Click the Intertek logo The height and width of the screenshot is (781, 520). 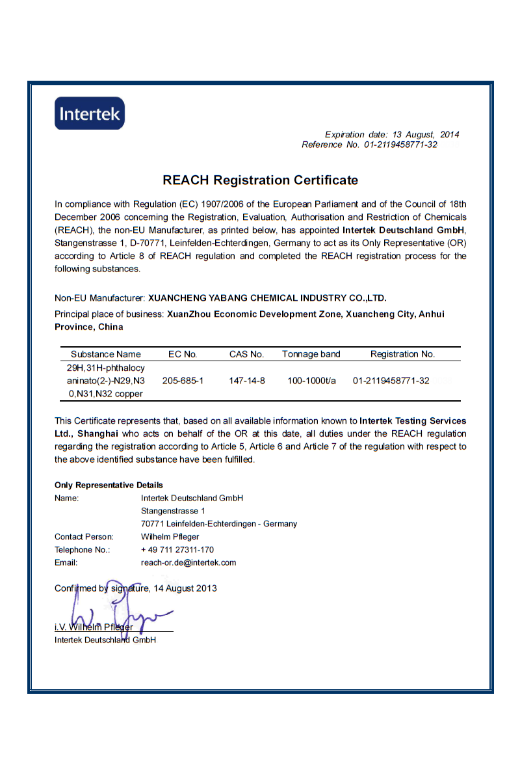click(x=89, y=113)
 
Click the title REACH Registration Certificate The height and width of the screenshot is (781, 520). click(x=260, y=180)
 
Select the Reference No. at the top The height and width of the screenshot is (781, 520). click(x=369, y=144)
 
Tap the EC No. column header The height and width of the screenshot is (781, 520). click(x=183, y=355)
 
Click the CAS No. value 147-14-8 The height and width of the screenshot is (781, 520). click(x=247, y=381)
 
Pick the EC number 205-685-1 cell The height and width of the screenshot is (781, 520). click(x=183, y=381)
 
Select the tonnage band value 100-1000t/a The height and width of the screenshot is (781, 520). click(x=311, y=381)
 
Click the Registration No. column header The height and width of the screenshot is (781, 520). click(x=402, y=355)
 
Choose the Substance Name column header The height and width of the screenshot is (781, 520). click(x=106, y=355)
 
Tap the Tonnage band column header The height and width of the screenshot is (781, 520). click(x=311, y=355)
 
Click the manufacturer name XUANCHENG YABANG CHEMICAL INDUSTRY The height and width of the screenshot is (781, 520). click(x=267, y=298)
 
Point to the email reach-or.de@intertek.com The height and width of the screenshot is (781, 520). click(x=188, y=562)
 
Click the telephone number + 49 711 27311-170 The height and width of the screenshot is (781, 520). click(x=177, y=550)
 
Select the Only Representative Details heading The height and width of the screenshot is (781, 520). click(x=109, y=485)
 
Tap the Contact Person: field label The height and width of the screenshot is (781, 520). click(x=84, y=537)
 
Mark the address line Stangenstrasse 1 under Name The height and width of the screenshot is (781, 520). click(x=173, y=511)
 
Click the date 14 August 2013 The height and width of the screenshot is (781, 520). click(x=185, y=588)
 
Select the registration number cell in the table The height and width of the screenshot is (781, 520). click(x=391, y=381)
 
